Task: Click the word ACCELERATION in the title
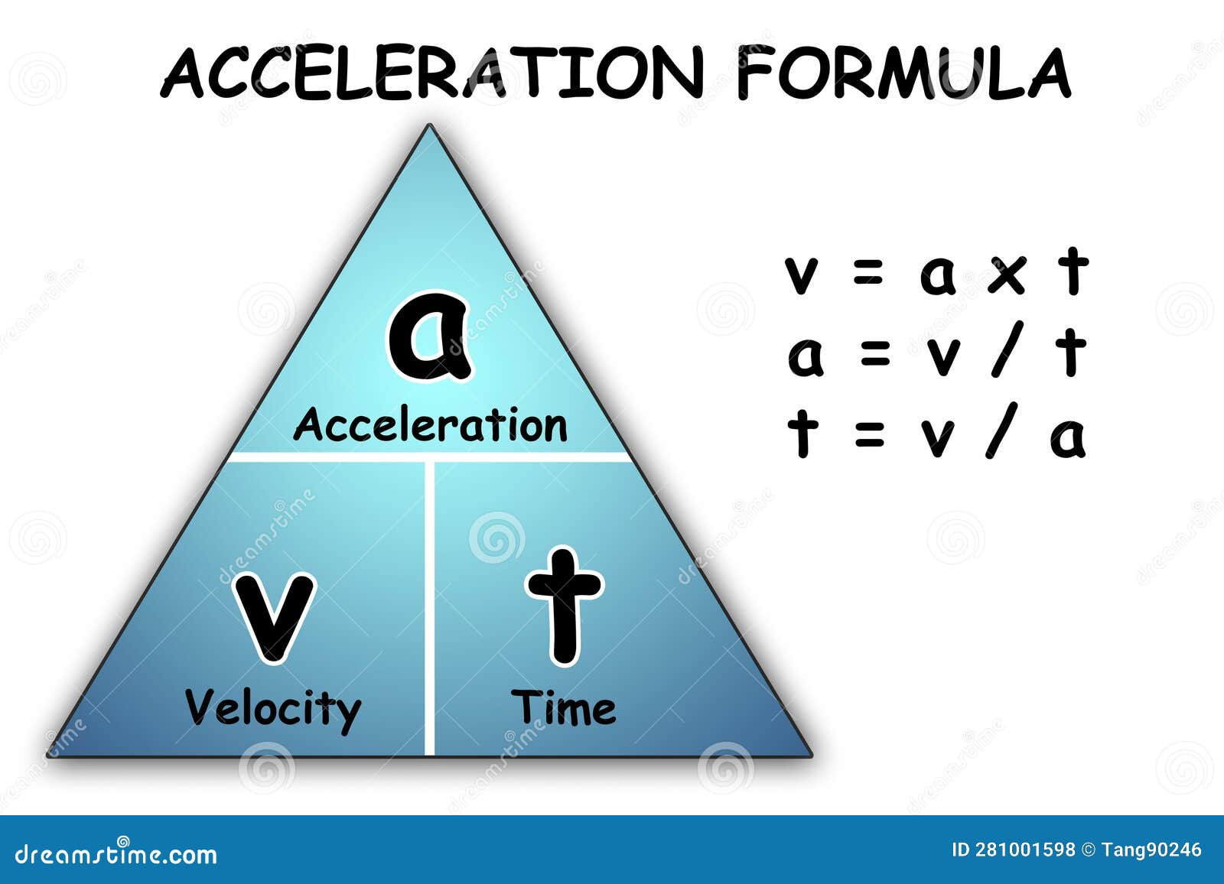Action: [x=431, y=73]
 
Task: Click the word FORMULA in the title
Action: [x=903, y=73]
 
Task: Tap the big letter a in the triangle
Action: [x=429, y=335]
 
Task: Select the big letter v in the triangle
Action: [x=275, y=617]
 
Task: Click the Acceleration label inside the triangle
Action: [x=431, y=424]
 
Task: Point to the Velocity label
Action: [x=272, y=710]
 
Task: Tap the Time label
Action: [x=563, y=707]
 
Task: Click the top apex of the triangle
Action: [x=429, y=125]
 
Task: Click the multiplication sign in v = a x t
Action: [x=1007, y=275]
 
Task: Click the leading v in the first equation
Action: [x=801, y=275]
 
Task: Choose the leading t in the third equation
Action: [x=802, y=430]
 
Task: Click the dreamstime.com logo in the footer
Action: [x=116, y=854]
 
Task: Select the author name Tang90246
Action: [x=1152, y=850]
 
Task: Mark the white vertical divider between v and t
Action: [x=429, y=608]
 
